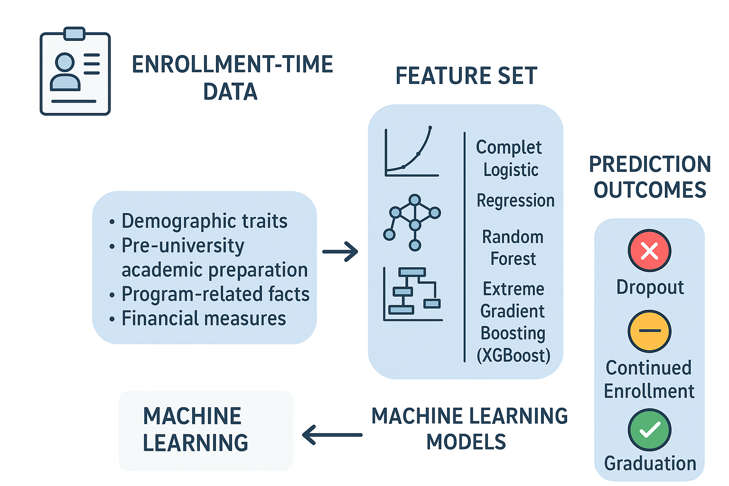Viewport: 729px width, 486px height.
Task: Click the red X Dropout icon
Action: tap(649, 251)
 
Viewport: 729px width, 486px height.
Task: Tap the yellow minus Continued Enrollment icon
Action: tap(649, 331)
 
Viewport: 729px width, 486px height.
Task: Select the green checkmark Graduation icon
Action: tap(649, 430)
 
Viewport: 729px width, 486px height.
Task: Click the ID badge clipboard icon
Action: tap(75, 72)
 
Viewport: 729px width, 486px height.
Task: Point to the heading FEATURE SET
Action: tap(466, 76)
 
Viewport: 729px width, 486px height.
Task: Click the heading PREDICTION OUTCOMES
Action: tap(650, 177)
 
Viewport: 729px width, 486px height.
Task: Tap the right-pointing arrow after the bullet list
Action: tap(340, 252)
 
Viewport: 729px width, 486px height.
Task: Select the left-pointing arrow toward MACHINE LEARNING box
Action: tap(332, 435)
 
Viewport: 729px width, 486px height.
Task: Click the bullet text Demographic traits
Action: tap(204, 221)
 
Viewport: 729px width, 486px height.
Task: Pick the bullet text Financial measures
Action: tap(204, 318)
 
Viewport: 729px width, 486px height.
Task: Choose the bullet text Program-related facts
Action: tap(215, 294)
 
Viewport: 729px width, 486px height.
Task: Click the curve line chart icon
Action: tap(411, 152)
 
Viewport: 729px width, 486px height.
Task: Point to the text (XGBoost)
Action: tap(514, 355)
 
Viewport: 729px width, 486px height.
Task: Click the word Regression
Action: tap(515, 201)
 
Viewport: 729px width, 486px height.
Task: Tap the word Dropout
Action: tap(650, 288)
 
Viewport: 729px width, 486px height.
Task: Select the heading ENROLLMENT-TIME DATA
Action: tap(232, 78)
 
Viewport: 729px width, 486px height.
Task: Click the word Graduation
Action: tap(650, 464)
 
